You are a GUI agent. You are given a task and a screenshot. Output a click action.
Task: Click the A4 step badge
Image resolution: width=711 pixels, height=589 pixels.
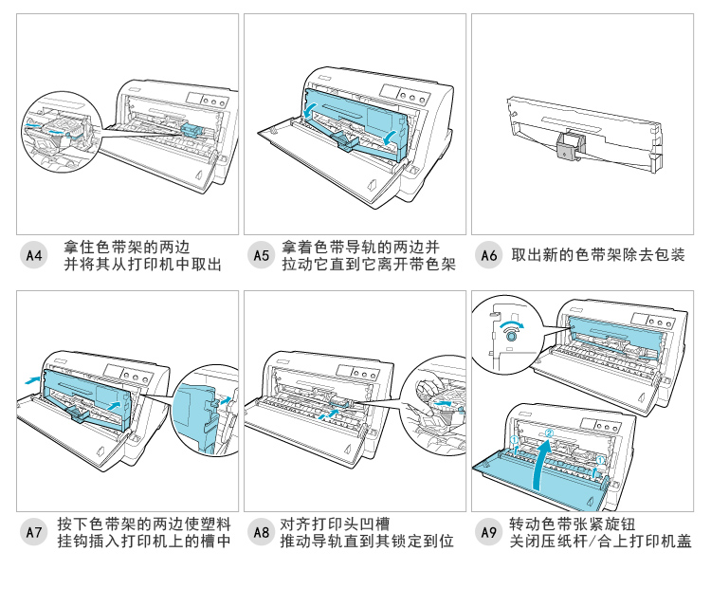[33, 255]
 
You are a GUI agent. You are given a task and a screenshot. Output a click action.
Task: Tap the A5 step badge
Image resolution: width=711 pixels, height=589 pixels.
[261, 255]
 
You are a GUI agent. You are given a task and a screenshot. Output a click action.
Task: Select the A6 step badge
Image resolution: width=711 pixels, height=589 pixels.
[488, 255]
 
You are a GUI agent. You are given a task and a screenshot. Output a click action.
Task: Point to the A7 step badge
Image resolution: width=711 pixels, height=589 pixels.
[33, 532]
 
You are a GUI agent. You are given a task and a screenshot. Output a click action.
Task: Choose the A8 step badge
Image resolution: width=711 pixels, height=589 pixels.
[261, 532]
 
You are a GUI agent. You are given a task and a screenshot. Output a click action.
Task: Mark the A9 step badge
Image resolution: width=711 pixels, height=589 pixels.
[488, 532]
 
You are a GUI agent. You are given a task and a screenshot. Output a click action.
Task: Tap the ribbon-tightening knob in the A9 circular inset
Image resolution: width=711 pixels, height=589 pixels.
[512, 335]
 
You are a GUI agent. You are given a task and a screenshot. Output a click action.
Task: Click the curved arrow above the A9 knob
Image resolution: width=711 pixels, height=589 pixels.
[512, 322]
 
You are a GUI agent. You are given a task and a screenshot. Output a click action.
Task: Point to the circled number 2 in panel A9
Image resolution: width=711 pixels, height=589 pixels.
[547, 435]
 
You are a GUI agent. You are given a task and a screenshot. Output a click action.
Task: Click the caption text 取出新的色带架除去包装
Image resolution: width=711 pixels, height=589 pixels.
[597, 255]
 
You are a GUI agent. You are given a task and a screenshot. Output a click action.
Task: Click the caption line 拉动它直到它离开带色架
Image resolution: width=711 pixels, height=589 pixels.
[368, 265]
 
